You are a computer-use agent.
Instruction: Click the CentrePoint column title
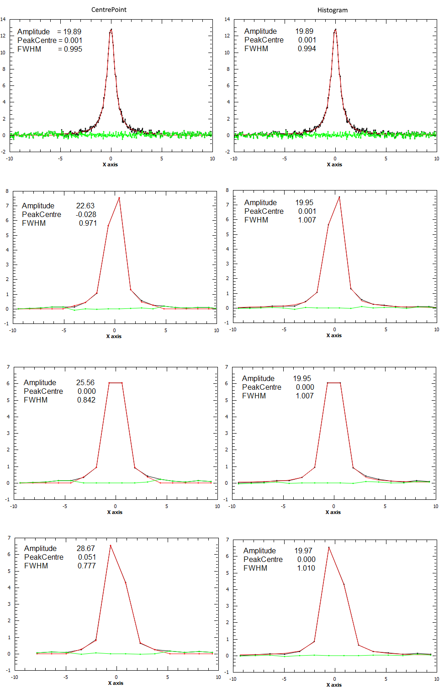pos(109,10)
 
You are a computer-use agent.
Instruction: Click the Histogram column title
pos(332,10)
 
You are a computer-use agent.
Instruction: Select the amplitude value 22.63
pos(85,206)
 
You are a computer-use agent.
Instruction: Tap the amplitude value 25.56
pos(85,382)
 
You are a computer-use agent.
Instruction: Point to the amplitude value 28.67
pos(86,548)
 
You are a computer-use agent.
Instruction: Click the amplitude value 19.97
pos(303,551)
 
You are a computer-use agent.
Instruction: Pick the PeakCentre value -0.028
pos(86,214)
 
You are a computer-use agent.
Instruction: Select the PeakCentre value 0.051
pos(87,557)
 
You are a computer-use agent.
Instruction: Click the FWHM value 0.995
pos(73,49)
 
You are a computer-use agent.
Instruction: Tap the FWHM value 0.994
pos(307,48)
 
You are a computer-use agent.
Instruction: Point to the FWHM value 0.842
pos(86,400)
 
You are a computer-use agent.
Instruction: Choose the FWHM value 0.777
pos(87,566)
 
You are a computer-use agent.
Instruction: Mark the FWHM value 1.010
pos(306,568)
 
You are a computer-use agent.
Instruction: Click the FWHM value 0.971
pos(88,223)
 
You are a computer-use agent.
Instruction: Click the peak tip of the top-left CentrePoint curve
pos(111,29)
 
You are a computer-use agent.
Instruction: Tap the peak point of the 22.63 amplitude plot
pos(119,198)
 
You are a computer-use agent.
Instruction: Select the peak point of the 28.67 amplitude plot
pos(110,545)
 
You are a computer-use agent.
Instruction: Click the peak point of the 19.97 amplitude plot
pos(328,547)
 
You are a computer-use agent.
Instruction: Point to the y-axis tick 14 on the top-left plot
pos(3,19)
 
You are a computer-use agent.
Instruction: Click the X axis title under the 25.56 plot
pos(115,512)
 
